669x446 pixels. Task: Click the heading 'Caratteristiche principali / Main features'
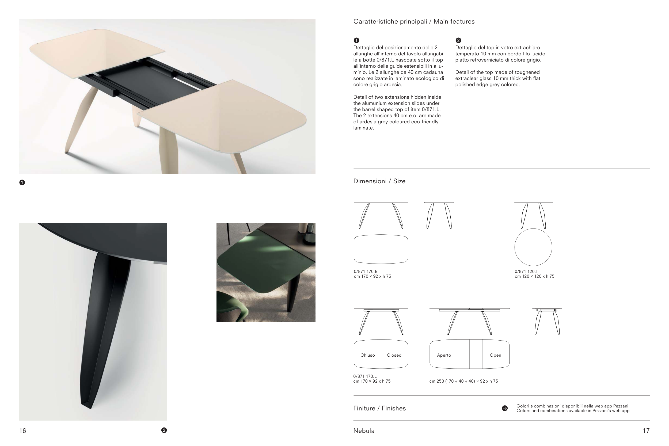point(414,22)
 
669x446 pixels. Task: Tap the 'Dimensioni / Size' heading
point(379,181)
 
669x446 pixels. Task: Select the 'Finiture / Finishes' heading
point(379,408)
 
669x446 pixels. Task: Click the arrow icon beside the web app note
point(505,408)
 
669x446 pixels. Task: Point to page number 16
point(22,431)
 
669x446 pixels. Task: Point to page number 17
point(646,431)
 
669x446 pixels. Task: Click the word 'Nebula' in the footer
point(364,431)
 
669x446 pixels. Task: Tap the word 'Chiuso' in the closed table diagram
point(367,355)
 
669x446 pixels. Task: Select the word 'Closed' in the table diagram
point(394,355)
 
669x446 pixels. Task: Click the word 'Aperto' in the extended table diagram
point(444,355)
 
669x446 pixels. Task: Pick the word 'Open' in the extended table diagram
point(495,355)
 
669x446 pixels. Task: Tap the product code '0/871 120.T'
point(526,271)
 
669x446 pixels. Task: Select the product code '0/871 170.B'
point(366,271)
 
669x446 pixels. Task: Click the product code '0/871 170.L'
point(365,376)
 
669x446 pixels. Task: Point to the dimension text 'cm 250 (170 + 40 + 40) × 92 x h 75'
point(463,381)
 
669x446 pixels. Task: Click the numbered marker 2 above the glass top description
point(458,40)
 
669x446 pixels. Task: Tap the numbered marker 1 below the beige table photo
point(22,182)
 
